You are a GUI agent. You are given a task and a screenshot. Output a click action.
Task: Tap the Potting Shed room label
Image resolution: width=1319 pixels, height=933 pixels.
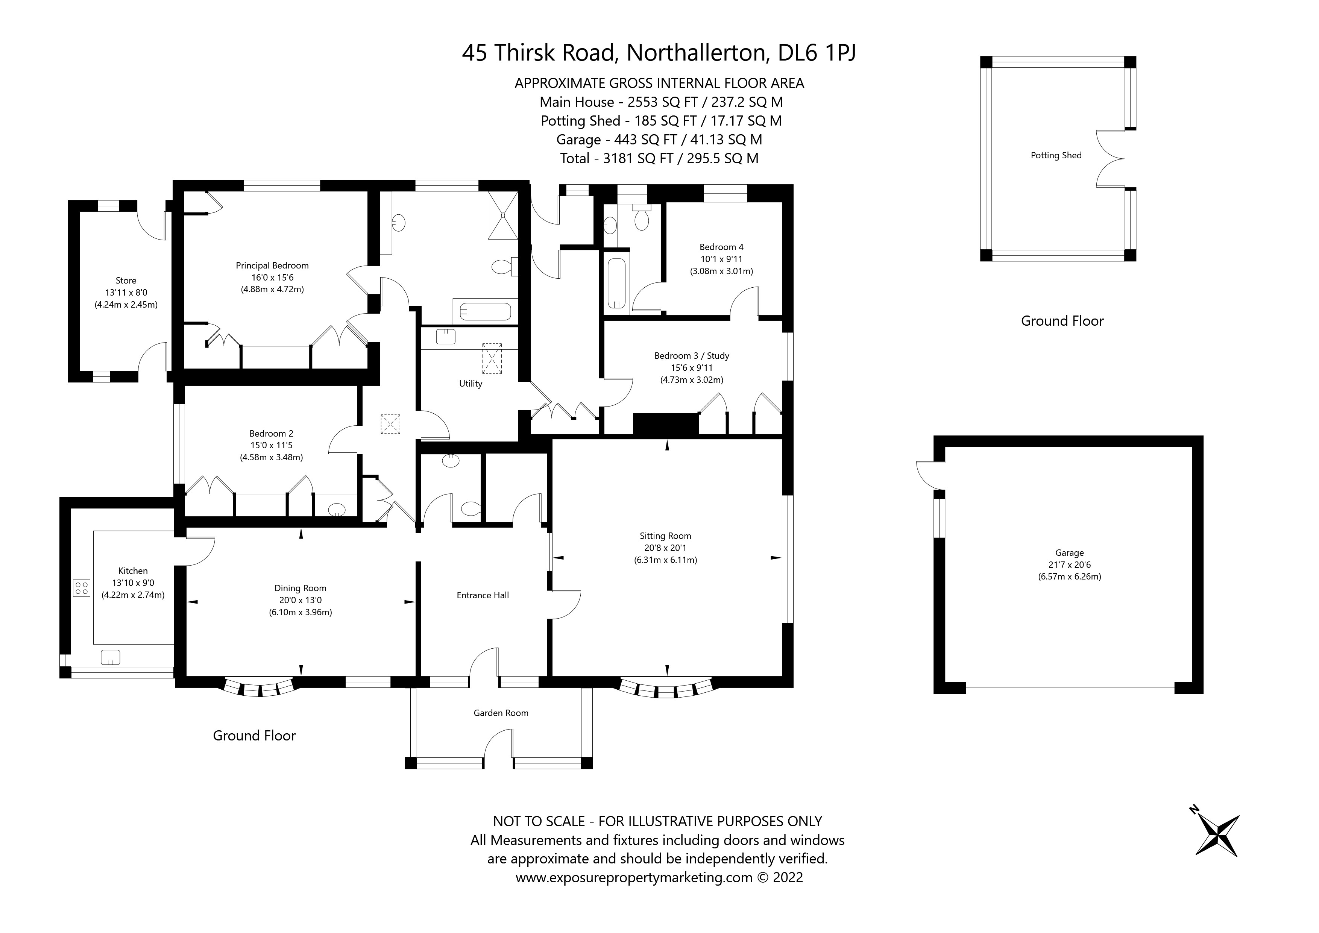(x=1056, y=155)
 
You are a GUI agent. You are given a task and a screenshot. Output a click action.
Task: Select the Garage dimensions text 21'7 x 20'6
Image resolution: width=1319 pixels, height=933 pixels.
(x=1069, y=565)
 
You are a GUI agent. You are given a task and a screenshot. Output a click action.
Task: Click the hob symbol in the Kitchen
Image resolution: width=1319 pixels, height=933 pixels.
(x=82, y=588)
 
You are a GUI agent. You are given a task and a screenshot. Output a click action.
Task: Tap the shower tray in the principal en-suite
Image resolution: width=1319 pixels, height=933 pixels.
(x=503, y=215)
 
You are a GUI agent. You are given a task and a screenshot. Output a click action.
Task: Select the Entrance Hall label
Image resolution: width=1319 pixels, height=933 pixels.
(x=483, y=595)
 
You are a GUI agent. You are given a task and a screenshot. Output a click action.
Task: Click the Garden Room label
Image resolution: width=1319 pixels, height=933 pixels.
(x=500, y=713)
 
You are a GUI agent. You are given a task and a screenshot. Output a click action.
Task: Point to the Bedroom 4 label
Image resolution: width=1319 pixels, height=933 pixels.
(x=721, y=247)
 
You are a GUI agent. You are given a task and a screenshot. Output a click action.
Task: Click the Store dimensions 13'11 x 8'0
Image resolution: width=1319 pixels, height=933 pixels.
(x=126, y=293)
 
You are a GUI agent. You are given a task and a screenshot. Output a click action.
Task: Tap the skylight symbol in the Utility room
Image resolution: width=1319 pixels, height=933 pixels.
(x=492, y=358)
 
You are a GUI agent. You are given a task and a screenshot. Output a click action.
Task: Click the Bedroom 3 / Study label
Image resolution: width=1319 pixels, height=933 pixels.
(x=692, y=356)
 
